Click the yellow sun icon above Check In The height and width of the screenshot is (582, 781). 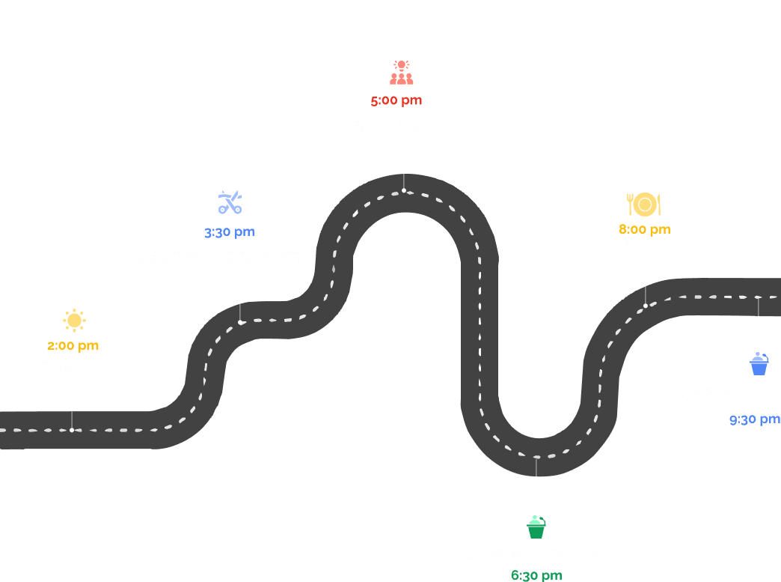[74, 321]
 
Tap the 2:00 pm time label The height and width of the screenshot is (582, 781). [73, 346]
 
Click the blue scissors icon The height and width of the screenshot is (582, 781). [230, 202]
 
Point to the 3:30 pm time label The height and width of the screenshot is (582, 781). [229, 232]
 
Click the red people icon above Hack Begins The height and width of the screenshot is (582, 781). [402, 73]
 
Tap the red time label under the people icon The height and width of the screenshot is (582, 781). [396, 100]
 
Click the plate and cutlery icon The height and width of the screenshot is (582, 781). [644, 204]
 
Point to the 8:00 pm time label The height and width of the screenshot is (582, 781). [644, 229]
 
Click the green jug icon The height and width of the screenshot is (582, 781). [536, 527]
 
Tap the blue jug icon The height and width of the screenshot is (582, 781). [759, 364]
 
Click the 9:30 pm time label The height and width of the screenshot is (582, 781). [754, 420]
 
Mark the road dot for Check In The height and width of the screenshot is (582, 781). [72, 430]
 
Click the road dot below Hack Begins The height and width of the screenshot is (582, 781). [404, 190]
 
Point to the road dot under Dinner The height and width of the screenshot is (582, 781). [646, 306]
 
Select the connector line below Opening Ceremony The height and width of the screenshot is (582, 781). [240, 300]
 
